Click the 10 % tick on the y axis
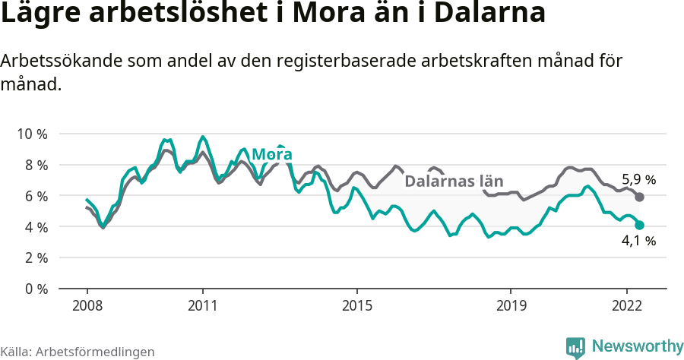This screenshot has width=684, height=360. pos(32,134)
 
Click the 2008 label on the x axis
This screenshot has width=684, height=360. pos(87,307)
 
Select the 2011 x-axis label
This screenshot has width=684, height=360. pos(202,307)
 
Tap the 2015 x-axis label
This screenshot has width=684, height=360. pos(356,307)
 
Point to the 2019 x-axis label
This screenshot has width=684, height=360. pos(511,307)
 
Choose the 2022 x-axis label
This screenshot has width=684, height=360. pos(626,307)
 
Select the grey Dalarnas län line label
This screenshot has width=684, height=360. pos(454,182)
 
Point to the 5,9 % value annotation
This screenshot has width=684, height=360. pos(638,180)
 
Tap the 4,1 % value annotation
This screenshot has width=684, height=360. pos(638,241)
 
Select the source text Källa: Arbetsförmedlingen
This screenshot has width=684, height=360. pos(78,352)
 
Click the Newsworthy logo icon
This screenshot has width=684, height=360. pos(575,347)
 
